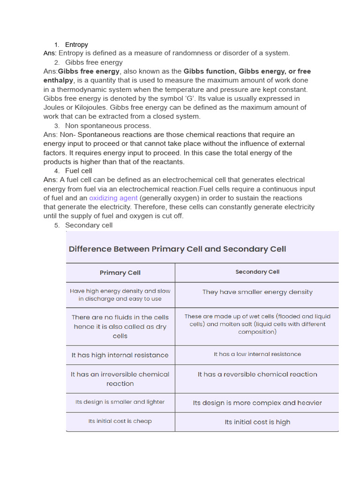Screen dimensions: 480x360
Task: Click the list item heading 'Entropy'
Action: click(76, 45)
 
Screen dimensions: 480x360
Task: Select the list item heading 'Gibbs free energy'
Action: click(94, 62)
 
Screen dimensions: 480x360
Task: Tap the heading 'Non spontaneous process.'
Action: click(108, 126)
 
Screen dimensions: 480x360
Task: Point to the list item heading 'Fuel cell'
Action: click(79, 171)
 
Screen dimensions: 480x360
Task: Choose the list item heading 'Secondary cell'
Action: click(89, 225)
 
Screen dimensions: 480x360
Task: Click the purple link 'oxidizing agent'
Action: click(113, 198)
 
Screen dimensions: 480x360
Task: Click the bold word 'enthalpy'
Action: click(59, 81)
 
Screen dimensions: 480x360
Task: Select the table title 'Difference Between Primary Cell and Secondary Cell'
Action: click(177, 249)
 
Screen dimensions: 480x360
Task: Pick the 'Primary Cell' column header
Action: click(120, 272)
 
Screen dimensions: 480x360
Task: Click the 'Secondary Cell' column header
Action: click(257, 272)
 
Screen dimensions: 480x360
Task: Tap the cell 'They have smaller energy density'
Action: click(257, 292)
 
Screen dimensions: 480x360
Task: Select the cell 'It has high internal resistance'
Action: click(120, 355)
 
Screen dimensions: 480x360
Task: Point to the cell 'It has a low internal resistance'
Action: click(257, 354)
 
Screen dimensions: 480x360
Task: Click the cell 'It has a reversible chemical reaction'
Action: click(257, 374)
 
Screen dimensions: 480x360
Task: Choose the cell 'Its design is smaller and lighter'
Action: click(120, 402)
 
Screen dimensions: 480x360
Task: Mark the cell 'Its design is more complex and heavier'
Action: click(257, 403)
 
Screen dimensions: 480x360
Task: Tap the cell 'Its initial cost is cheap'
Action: click(120, 421)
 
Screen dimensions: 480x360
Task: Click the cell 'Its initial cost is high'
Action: click(257, 422)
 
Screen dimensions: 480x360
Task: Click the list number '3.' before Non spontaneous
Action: click(57, 126)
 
